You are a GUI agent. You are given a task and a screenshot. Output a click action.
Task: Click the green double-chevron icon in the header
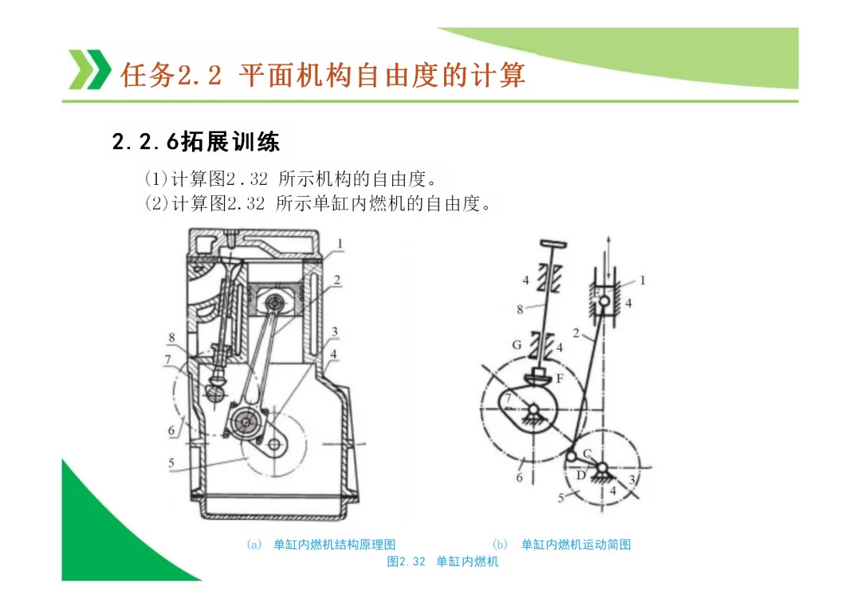pos(89,69)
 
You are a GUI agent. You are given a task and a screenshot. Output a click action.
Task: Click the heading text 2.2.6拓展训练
pos(196,143)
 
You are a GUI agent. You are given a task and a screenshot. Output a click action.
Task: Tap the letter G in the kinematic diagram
pos(517,344)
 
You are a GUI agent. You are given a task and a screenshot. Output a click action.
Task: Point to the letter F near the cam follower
pos(560,379)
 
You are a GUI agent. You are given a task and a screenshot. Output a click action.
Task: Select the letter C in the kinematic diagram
pos(587,453)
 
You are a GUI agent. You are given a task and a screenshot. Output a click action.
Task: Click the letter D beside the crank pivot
pos(580,475)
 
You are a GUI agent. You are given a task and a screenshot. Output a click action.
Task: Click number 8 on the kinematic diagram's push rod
pos(521,308)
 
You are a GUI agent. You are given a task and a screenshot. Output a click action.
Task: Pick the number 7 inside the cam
pos(508,397)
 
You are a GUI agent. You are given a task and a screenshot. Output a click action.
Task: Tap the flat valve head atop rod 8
pos(551,242)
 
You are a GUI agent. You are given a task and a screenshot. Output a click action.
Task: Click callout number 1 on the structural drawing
pos(340,243)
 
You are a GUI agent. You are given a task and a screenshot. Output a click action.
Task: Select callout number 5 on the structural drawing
pos(171,463)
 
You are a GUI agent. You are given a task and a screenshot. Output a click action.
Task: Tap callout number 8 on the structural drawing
pos(171,338)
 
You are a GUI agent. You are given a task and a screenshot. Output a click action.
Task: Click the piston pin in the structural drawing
pos(277,302)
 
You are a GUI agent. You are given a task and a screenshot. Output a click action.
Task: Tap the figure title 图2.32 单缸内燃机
pos(443,562)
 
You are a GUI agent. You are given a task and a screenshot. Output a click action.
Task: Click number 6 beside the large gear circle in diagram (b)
pos(521,477)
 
